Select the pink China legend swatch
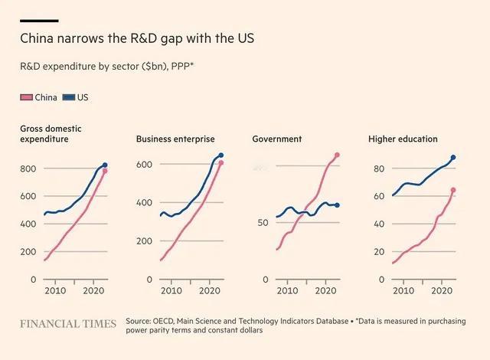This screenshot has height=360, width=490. point(26,98)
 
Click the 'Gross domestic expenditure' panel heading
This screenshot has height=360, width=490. point(51,133)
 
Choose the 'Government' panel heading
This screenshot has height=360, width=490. point(276,139)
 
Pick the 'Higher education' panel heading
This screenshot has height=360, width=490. point(403,139)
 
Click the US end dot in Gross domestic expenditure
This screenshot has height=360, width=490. point(105,165)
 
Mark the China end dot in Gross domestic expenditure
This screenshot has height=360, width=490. point(105,172)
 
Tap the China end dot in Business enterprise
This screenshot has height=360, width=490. point(221,163)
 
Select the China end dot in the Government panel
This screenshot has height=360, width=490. point(337,155)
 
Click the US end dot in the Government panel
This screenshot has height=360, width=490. point(337,205)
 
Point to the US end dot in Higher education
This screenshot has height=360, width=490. point(453,157)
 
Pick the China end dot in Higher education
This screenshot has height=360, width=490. point(453,190)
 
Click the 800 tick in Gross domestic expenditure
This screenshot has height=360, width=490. point(28,169)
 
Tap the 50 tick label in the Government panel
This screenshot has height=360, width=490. point(263,223)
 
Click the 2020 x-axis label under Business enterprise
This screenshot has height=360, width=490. point(208,292)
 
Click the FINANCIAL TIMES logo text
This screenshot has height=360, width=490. point(68,324)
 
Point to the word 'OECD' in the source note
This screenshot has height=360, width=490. point(165,321)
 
